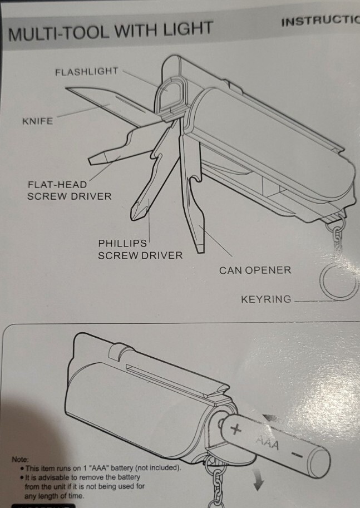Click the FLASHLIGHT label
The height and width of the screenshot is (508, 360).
(x=86, y=72)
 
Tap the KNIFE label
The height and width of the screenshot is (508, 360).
(x=37, y=121)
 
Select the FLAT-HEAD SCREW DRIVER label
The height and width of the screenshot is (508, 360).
(x=70, y=190)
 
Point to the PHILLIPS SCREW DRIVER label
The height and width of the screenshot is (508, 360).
(x=140, y=249)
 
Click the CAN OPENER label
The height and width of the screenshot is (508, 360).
(x=255, y=270)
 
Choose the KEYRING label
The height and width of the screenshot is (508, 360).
(x=266, y=299)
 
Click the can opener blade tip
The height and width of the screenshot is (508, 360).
(x=200, y=246)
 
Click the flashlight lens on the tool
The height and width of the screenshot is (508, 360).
(x=170, y=93)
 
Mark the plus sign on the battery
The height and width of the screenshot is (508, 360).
(x=236, y=430)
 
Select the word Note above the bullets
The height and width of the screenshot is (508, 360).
(x=21, y=460)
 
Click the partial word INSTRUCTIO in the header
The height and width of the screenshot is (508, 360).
(x=320, y=21)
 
